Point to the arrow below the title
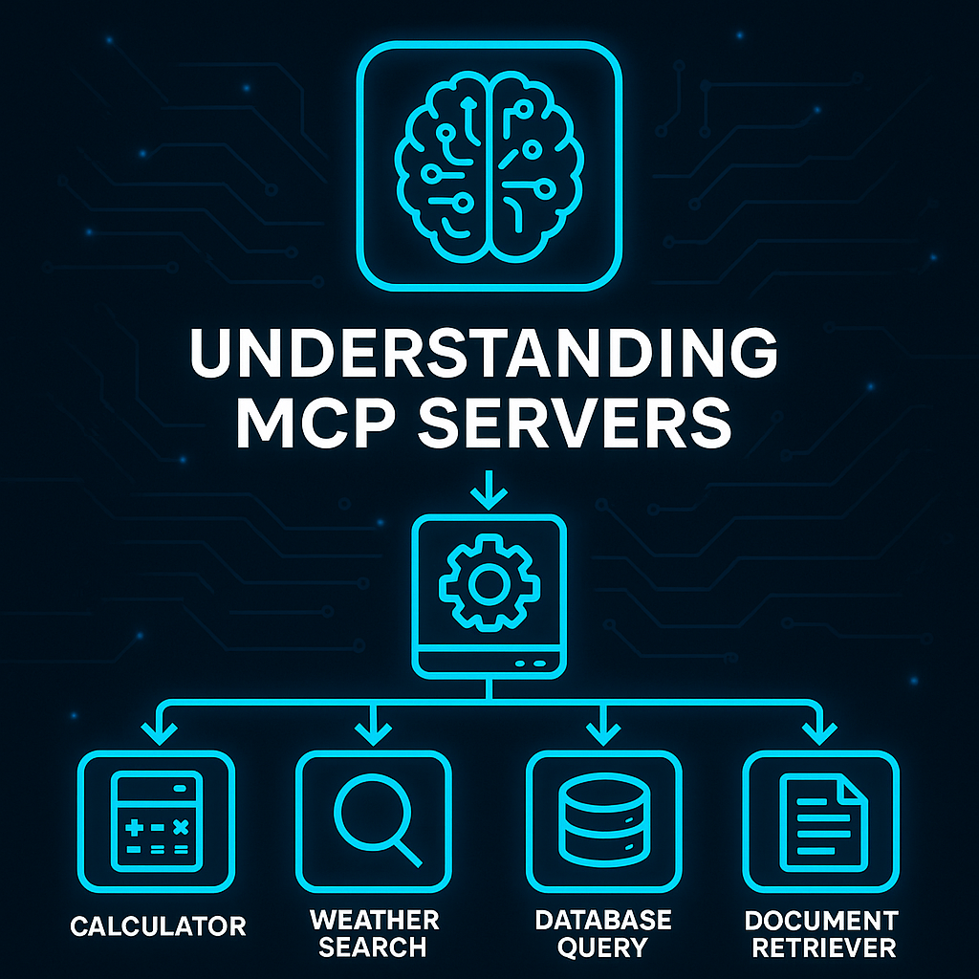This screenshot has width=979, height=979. (489, 491)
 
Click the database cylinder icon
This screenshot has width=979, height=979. (602, 820)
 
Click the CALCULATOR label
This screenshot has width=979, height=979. (158, 925)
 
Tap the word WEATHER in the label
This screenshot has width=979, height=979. (375, 920)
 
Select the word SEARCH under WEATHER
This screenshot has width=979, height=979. (373, 947)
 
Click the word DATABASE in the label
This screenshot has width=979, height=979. (602, 920)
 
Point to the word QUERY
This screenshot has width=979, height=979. (602, 947)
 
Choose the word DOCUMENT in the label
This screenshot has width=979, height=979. (821, 920)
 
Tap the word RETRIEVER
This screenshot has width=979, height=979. (821, 947)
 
